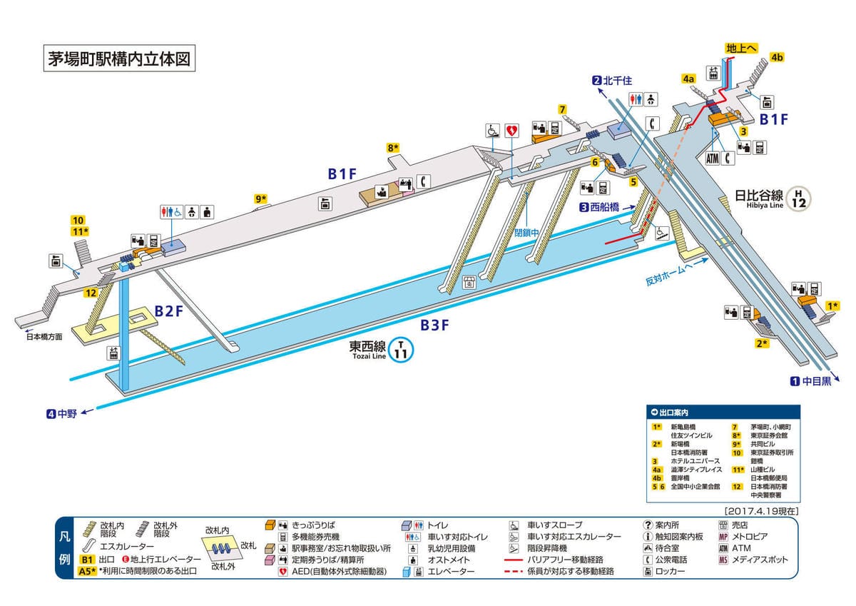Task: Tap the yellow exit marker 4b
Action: pos(777,57)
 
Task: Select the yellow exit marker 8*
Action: pos(393,148)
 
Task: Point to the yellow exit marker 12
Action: pos(91,293)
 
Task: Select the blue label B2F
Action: pos(170,311)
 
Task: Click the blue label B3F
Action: pos(434,325)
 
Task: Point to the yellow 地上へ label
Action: pos(741,48)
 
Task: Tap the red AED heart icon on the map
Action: pos(511,131)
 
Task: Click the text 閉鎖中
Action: pos(527,233)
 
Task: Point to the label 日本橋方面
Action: pos(44,336)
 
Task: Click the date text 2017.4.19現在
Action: pos(760,511)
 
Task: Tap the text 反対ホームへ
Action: pos(671,274)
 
